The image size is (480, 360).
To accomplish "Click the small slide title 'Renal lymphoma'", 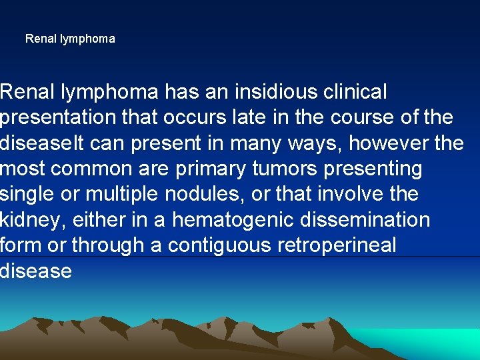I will point(70,39).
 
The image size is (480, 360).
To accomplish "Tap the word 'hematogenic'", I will point(221,219).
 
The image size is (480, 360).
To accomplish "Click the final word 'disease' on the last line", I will point(36,271).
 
